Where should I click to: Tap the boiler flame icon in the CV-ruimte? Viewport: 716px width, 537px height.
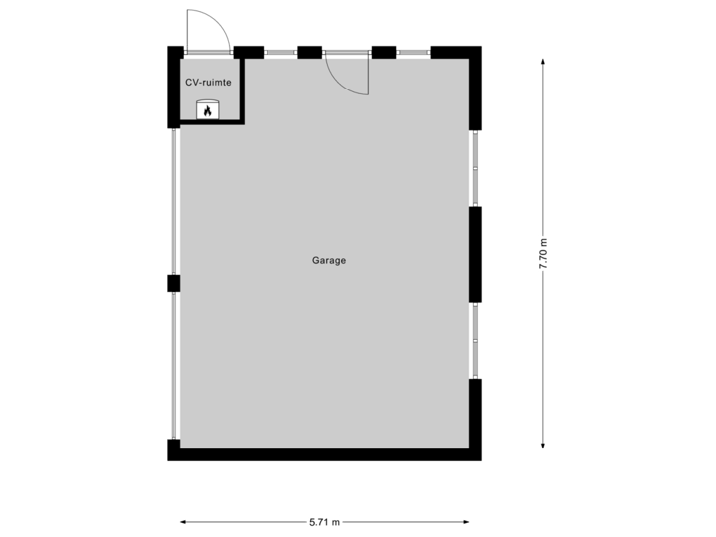207,110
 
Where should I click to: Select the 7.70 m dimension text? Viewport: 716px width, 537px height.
542,254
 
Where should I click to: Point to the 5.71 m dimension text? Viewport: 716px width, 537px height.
325,521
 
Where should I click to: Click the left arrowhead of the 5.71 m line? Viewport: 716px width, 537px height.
184,521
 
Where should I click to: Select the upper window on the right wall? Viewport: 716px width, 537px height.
475,168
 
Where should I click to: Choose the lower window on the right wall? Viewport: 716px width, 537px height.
475,340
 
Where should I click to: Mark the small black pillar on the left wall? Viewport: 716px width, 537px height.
173,284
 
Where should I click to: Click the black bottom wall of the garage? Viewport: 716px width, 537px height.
325,454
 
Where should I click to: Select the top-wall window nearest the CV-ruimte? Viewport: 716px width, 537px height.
279,52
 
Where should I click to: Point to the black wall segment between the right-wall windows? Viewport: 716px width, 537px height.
475,255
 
